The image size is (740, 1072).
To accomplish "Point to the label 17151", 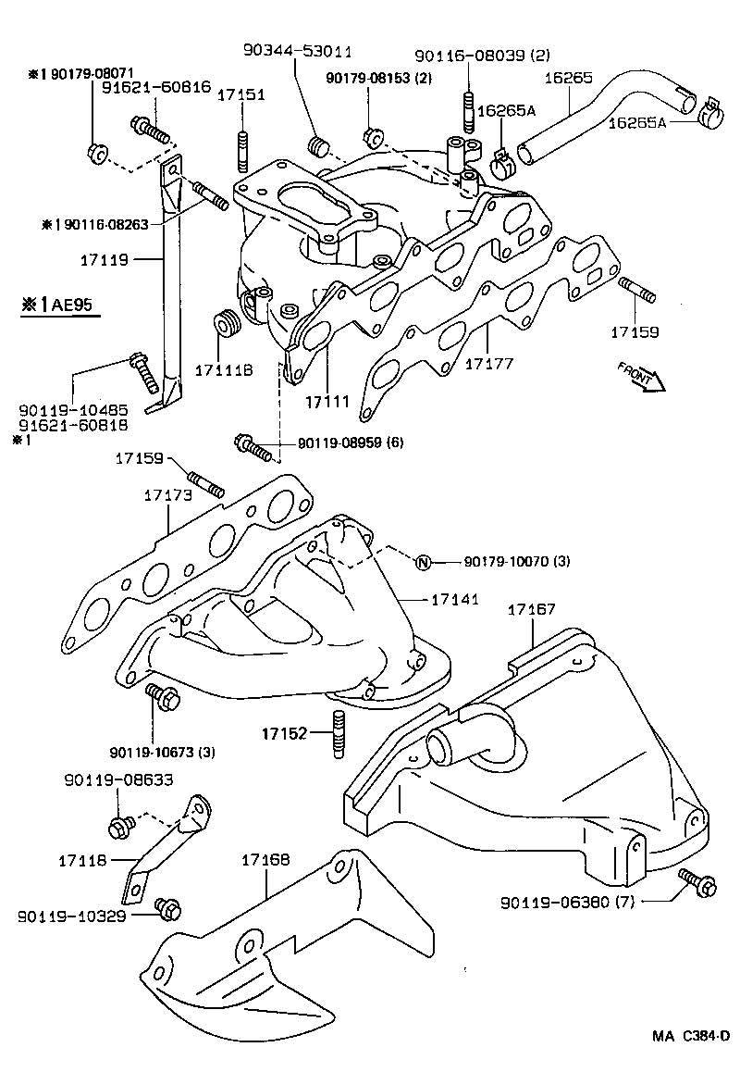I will (241, 94).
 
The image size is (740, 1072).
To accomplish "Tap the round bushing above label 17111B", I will (227, 325).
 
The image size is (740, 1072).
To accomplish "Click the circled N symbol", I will (422, 562).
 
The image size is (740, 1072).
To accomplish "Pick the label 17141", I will (454, 600).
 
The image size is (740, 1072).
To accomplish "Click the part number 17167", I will (532, 610).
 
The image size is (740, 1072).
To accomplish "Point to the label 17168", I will (265, 860).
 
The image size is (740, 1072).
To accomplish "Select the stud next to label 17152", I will (338, 734).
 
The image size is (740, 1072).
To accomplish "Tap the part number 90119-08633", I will (105, 780).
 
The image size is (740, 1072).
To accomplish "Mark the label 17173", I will (167, 495).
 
